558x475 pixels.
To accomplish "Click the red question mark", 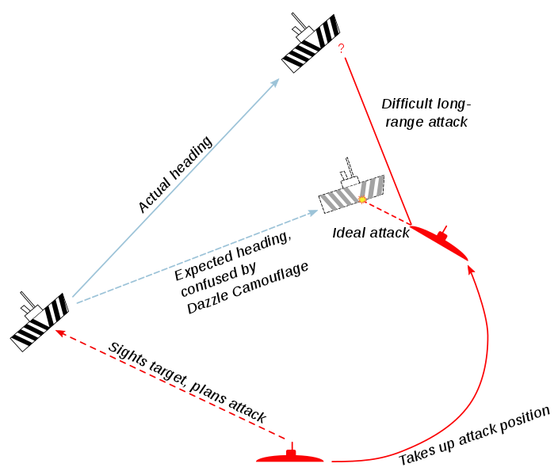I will click(x=341, y=49).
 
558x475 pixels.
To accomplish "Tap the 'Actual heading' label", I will click(x=176, y=175).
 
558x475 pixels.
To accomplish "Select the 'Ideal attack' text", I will click(x=371, y=233).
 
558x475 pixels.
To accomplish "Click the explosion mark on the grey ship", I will click(x=363, y=200).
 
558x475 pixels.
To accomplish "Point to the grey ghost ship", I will click(x=351, y=192).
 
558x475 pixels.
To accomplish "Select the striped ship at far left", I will click(x=40, y=321).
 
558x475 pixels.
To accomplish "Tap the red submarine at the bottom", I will click(x=291, y=457).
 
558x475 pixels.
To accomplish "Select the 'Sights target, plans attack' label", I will click(x=187, y=382).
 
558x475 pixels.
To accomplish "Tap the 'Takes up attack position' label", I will click(x=474, y=436).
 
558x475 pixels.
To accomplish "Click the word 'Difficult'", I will click(x=407, y=104).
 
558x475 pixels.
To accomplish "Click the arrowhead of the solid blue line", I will click(x=277, y=81).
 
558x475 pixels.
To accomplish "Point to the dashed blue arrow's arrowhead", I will click(x=311, y=211).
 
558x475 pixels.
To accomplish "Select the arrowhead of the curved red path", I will click(x=471, y=270).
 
